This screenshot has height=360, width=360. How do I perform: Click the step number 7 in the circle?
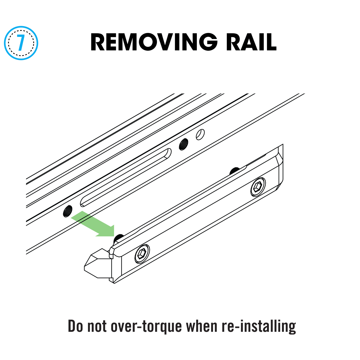pyautogui.click(x=21, y=43)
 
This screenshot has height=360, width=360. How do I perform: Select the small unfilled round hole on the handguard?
pyautogui.click(x=200, y=134)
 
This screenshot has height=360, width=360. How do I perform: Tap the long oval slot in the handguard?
pyautogui.click(x=126, y=177)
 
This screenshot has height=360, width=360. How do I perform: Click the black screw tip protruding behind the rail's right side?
pyautogui.click(x=234, y=171)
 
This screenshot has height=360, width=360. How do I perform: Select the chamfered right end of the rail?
pyautogui.click(x=280, y=168)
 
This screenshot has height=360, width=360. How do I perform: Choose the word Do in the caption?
pyautogui.click(x=75, y=326)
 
